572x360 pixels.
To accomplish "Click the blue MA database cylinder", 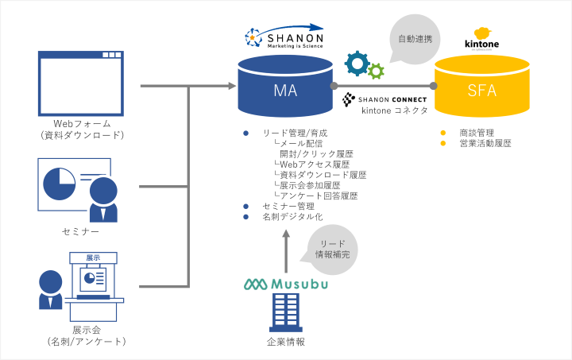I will coord(285,90).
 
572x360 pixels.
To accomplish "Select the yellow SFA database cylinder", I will coord(482,90).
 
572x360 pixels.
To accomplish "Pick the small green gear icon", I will coord(376,72).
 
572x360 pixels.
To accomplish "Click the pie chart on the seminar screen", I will coord(59,183).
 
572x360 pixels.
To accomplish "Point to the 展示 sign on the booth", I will coord(93,257).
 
